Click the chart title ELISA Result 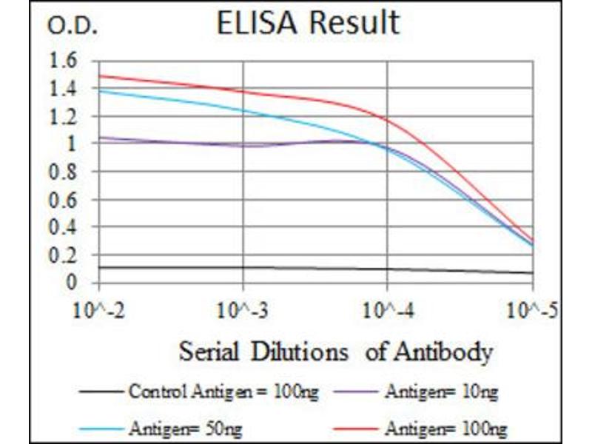pos(307,23)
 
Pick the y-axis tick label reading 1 pos(72,144)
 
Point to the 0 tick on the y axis pos(72,283)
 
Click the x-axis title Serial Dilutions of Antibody pos(335,351)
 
